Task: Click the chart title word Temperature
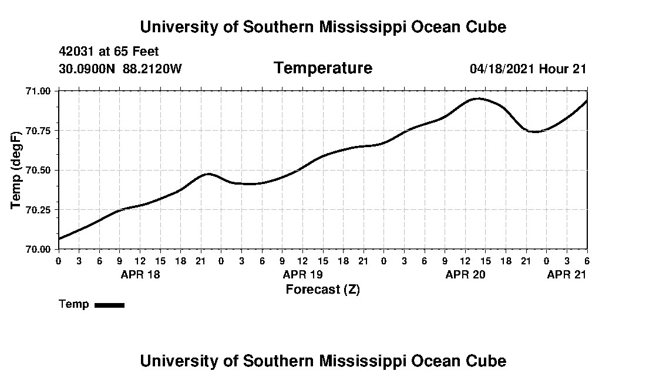click(x=322, y=69)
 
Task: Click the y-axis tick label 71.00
click(x=39, y=91)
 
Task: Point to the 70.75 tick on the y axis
click(x=39, y=131)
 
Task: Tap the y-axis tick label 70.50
click(x=39, y=170)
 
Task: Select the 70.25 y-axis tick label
click(x=39, y=210)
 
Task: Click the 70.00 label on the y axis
click(x=39, y=249)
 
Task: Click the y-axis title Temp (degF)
click(x=16, y=171)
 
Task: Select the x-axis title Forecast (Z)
click(x=322, y=290)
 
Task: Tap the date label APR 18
click(x=140, y=274)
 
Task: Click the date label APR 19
click(x=302, y=274)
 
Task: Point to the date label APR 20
click(x=465, y=274)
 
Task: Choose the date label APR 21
click(x=566, y=274)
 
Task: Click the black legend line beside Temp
click(x=109, y=305)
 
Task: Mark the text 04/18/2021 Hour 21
click(x=528, y=69)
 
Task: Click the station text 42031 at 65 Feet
click(x=109, y=52)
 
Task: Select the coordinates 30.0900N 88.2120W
click(x=120, y=69)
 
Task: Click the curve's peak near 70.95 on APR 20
click(x=479, y=98)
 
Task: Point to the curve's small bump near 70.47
click(x=208, y=174)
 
